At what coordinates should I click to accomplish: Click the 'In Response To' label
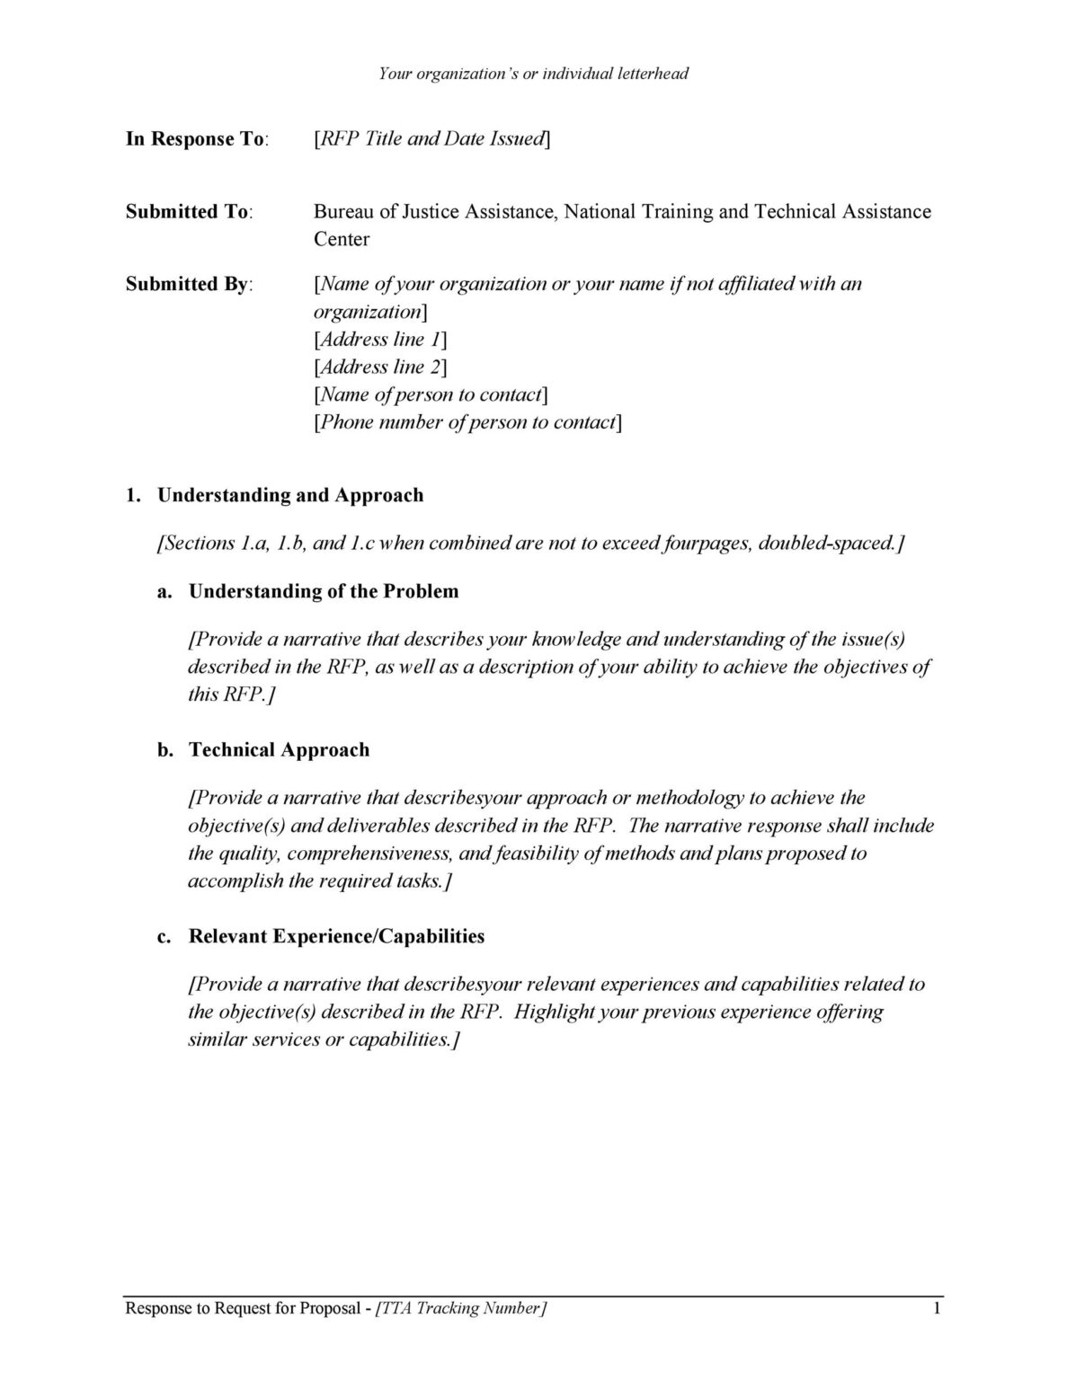click(196, 139)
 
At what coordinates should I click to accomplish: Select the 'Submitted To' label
click(188, 212)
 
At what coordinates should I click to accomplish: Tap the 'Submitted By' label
click(189, 285)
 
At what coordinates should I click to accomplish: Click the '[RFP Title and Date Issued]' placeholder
click(431, 139)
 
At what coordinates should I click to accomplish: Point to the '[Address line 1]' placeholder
click(380, 340)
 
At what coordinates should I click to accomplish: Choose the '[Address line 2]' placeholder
click(380, 367)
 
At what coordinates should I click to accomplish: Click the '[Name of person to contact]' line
click(431, 395)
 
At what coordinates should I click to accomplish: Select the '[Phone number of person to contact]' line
click(467, 423)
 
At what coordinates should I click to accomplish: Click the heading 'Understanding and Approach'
click(289, 496)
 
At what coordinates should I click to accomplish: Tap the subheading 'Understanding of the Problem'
click(323, 592)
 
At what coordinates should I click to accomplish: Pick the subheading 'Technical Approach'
click(279, 751)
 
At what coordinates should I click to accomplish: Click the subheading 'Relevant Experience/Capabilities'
click(336, 937)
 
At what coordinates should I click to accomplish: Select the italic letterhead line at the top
click(533, 74)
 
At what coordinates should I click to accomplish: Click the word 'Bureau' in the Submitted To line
click(342, 212)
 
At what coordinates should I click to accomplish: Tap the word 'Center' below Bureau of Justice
click(342, 240)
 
